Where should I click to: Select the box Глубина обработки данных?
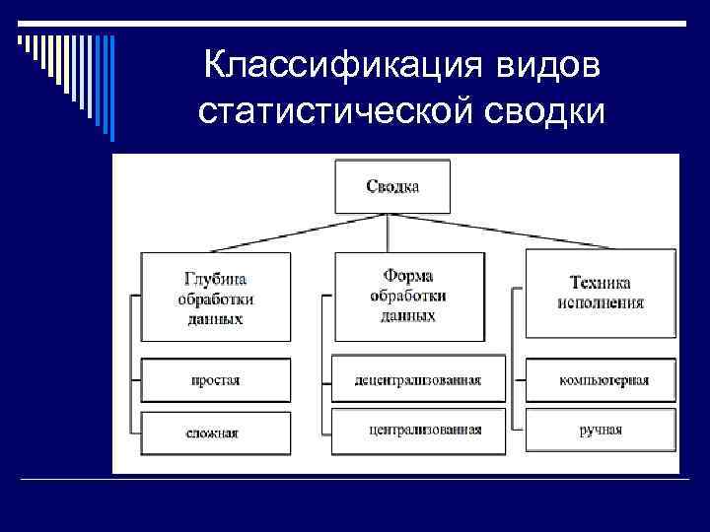215,297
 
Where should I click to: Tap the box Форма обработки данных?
408,295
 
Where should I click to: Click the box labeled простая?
215,380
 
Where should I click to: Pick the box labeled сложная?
215,432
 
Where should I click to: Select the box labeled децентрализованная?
418,380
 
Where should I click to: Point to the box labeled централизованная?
418,431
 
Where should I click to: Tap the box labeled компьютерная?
601,380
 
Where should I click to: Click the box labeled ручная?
601,431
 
